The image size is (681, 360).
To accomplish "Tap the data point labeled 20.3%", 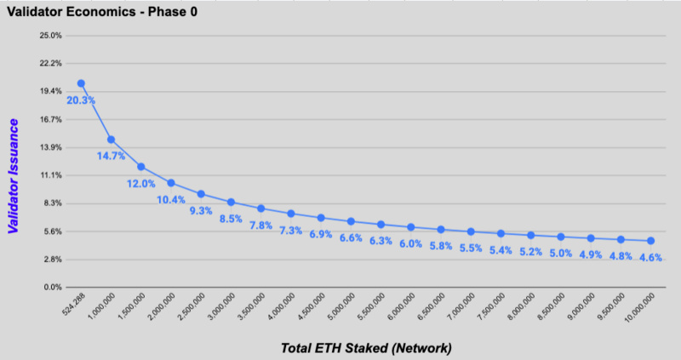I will [81, 83].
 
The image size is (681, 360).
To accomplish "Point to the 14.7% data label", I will [111, 156].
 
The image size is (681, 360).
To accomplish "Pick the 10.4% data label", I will [171, 199].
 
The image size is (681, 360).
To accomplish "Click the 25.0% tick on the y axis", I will [51, 36].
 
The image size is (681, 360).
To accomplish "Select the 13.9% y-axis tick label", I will [51, 147].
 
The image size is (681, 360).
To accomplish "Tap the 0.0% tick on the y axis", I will [51, 287].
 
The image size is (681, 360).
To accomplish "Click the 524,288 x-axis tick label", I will [72, 306].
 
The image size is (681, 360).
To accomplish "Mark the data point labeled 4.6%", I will [650, 241].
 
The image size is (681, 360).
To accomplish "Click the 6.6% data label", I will [352, 237].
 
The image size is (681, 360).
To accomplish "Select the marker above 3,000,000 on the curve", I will [231, 202].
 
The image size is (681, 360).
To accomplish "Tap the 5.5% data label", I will [471, 249].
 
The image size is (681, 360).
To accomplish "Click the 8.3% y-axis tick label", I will [51, 203].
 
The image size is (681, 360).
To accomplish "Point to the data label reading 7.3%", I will [291, 231].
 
